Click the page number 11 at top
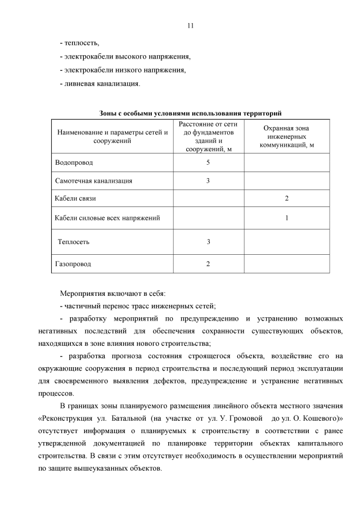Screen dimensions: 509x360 [190, 25]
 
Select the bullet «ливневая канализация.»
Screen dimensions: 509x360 [100, 84]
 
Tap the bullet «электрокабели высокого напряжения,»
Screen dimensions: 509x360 [125, 57]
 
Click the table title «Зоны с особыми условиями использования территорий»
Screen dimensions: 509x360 [190, 113]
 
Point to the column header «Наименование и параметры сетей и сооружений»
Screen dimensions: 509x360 [112, 136]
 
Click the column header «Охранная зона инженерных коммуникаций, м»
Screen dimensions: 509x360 [286, 136]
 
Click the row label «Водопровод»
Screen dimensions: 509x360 [74, 163]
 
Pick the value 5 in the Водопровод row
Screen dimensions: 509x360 [208, 163]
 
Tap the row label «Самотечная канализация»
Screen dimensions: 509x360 [94, 181]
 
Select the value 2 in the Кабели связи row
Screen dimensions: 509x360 [286, 199]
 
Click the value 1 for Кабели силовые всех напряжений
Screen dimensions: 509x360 [286, 218]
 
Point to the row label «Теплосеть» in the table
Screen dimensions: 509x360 [74, 242]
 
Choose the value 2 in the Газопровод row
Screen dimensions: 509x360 [208, 263]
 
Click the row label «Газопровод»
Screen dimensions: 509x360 [73, 263]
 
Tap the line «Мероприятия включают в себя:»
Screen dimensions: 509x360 [113, 293]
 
